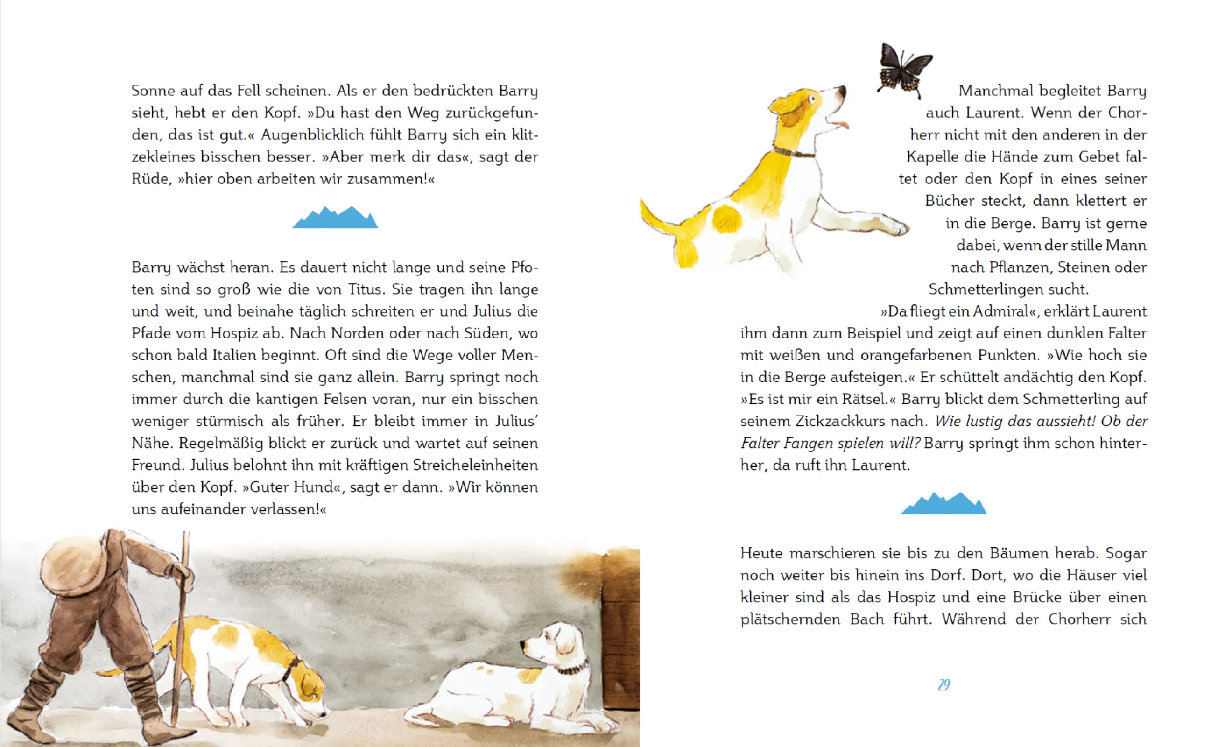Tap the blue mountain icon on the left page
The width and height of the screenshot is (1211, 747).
pyautogui.click(x=335, y=218)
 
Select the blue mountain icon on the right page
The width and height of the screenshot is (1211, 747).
pyautogui.click(x=943, y=504)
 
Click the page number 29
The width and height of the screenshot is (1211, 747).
pyautogui.click(x=944, y=684)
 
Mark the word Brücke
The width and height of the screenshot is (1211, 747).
pyautogui.click(x=1037, y=597)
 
